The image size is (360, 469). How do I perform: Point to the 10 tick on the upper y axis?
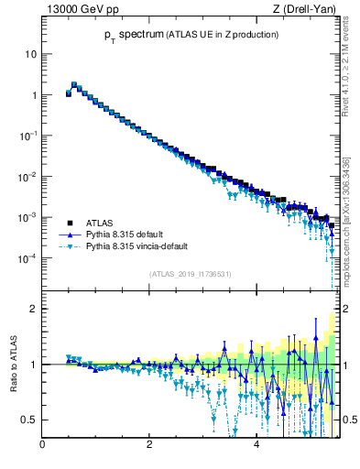click(x=30, y=54)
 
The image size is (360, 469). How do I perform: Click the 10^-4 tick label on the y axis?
click(x=27, y=257)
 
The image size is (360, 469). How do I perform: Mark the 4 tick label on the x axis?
click(x=256, y=446)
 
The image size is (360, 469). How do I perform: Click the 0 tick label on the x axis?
click(x=42, y=446)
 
